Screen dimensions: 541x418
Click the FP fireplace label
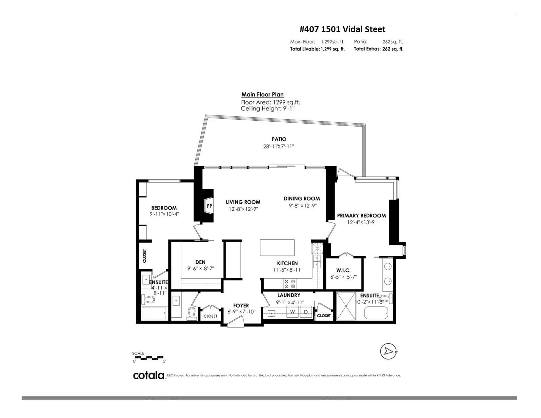(x=210, y=206)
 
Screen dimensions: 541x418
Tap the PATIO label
(x=279, y=139)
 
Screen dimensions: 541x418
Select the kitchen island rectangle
(x=277, y=248)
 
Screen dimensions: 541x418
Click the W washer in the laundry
(x=292, y=312)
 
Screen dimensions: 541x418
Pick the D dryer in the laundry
(x=306, y=312)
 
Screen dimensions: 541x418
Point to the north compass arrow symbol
(x=388, y=351)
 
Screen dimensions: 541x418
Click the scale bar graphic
(x=148, y=358)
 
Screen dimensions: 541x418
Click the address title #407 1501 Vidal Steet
(x=342, y=30)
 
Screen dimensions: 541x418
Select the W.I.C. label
(x=343, y=270)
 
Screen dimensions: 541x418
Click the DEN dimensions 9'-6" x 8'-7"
(x=201, y=269)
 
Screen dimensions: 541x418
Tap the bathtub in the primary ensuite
(x=376, y=313)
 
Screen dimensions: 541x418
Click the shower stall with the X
(x=346, y=306)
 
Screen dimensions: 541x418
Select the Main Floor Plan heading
(x=262, y=95)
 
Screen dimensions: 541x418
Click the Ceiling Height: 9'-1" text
(x=268, y=109)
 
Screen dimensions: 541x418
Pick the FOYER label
(x=241, y=306)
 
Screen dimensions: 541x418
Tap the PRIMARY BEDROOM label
(x=362, y=216)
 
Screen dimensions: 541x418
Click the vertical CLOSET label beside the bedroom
(x=144, y=256)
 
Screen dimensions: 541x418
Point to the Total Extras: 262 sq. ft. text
(x=378, y=49)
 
